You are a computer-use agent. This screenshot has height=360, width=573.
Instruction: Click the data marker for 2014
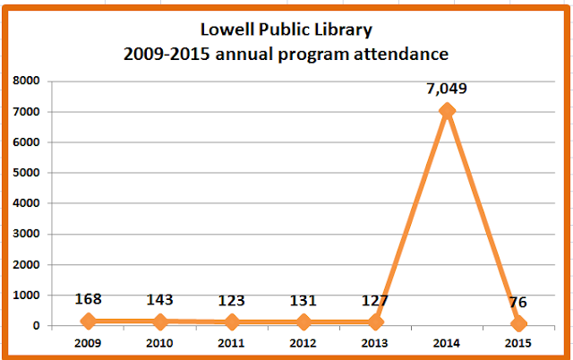[447, 111]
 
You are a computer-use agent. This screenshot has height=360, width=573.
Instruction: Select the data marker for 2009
[88, 321]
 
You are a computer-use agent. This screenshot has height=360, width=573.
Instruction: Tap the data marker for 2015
[518, 323]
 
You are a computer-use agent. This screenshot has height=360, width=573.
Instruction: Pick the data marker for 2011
[232, 322]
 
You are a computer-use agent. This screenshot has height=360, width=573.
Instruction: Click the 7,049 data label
[447, 89]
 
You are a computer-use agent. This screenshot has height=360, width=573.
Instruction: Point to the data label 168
[88, 298]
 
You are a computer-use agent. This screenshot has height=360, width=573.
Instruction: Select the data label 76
[517, 303]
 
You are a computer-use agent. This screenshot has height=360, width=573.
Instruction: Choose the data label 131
[303, 300]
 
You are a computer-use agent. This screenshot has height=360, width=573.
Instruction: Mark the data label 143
[159, 300]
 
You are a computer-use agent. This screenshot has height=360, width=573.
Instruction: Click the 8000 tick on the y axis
[26, 81]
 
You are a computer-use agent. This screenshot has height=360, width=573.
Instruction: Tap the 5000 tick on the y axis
[26, 173]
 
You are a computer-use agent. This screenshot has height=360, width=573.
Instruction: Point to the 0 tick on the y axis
[36, 325]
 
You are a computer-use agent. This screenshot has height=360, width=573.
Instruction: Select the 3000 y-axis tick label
[26, 234]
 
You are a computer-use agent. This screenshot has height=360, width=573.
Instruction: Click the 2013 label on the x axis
[374, 343]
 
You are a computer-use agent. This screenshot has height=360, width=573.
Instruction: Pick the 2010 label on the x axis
[159, 343]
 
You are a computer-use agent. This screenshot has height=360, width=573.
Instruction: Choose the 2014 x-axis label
[447, 343]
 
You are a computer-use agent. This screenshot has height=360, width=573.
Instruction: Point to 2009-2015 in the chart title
[167, 54]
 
